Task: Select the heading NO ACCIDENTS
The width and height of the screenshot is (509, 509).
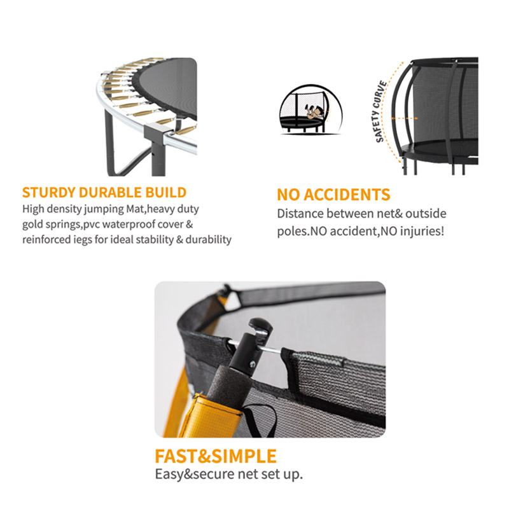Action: [333, 195]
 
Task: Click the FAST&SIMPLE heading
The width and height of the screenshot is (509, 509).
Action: [216, 456]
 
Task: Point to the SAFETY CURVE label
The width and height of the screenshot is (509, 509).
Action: [380, 111]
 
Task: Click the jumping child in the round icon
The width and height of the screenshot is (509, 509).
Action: [313, 112]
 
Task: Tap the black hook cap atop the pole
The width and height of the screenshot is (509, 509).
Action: [260, 325]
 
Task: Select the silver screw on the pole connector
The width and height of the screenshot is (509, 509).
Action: [252, 364]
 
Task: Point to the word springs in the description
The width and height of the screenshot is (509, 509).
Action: [62, 225]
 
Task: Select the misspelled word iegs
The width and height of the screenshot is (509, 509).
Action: [83, 240]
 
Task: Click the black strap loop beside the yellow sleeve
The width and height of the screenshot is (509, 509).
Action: [260, 419]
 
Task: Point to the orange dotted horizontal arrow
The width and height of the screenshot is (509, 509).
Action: [404, 118]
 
